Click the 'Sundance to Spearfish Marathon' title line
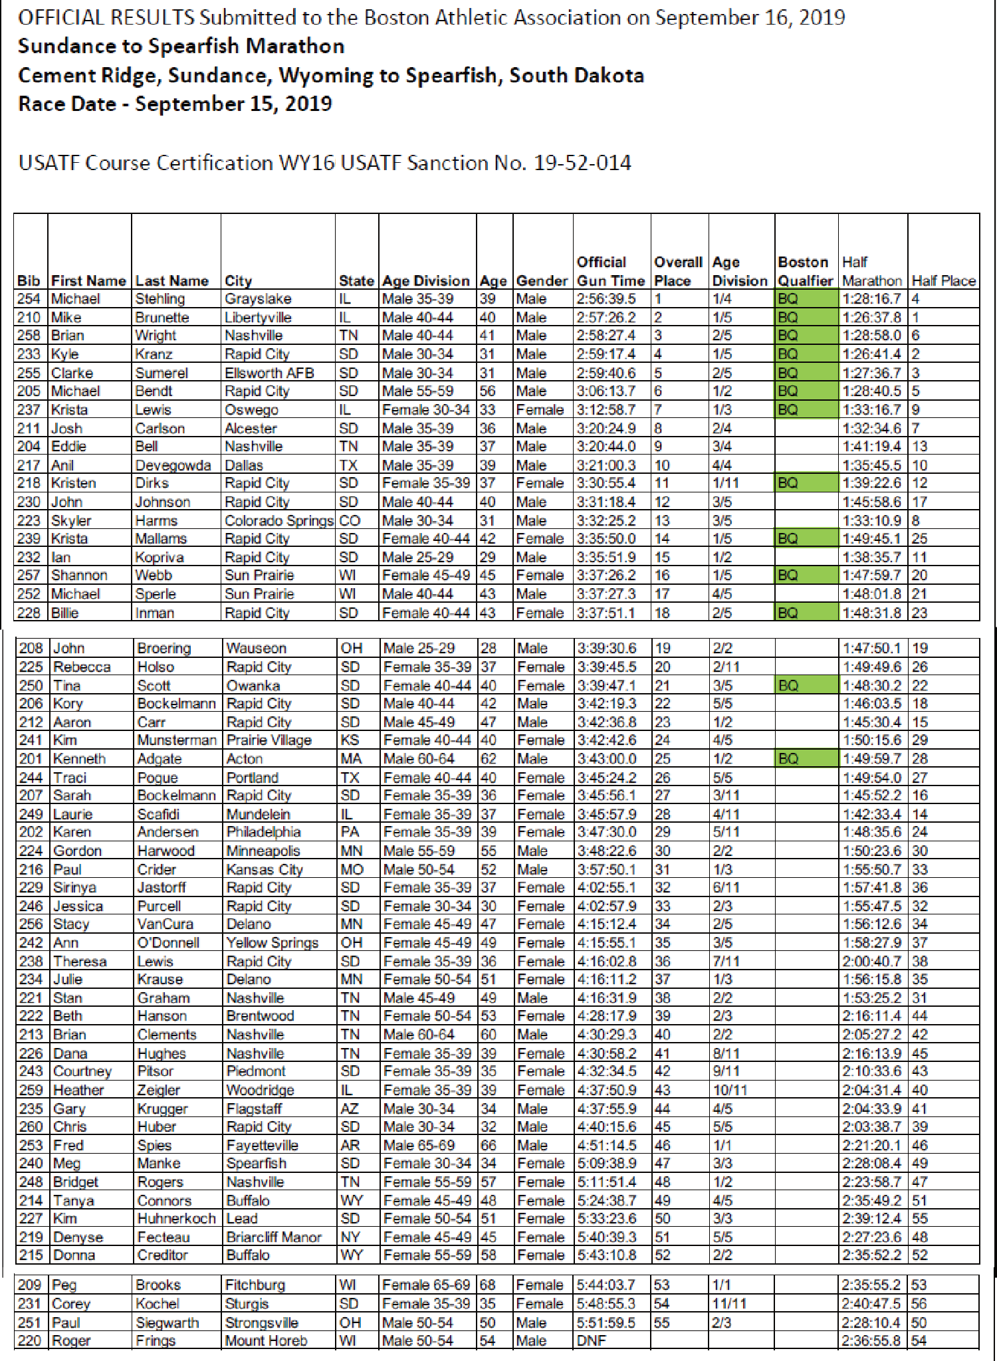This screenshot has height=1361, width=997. pos(181,47)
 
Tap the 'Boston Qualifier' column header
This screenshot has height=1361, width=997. pos(805,271)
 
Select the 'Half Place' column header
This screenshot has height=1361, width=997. pos(943,280)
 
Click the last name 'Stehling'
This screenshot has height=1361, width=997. pos(160,299)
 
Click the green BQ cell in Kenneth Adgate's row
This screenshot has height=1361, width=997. pos(806,759)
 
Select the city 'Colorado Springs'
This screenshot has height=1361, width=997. pos(278,520)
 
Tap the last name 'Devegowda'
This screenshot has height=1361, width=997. pos(173,465)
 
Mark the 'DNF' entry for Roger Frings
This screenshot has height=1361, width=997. pos(591,1340)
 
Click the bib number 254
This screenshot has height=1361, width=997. pos(29,299)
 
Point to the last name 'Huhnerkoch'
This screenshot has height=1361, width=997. pos(176,1219)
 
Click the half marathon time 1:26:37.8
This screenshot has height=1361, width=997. pos(871,318)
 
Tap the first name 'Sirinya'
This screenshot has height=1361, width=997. pos(74,888)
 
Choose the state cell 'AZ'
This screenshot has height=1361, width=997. pos(350,1108)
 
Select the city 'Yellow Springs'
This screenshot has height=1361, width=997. pos(272,943)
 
